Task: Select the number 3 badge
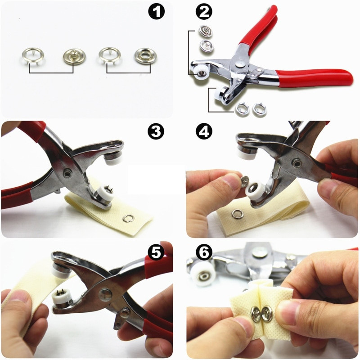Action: (x=156, y=131)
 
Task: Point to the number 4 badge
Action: (x=203, y=131)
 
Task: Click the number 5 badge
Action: (x=156, y=253)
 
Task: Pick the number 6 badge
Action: (x=203, y=253)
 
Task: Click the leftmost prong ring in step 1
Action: (x=29, y=55)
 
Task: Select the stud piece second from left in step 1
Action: (x=73, y=56)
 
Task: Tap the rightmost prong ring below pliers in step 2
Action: (x=259, y=108)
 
